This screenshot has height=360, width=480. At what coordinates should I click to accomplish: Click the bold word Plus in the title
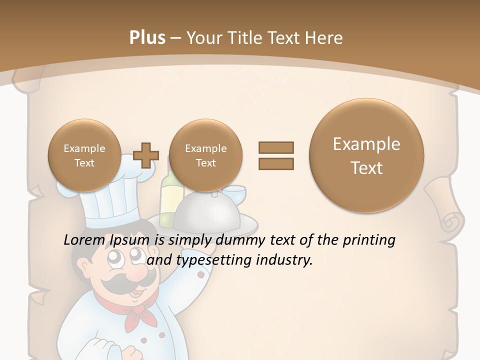click(x=147, y=38)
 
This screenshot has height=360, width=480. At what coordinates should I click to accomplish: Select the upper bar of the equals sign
click(x=276, y=147)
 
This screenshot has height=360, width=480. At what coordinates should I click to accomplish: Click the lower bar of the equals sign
click(x=276, y=163)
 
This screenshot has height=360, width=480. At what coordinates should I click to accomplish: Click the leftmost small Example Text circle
click(x=84, y=155)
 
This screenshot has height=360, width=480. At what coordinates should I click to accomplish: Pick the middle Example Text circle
click(x=205, y=155)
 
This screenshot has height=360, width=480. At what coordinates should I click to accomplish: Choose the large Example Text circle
click(x=366, y=155)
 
